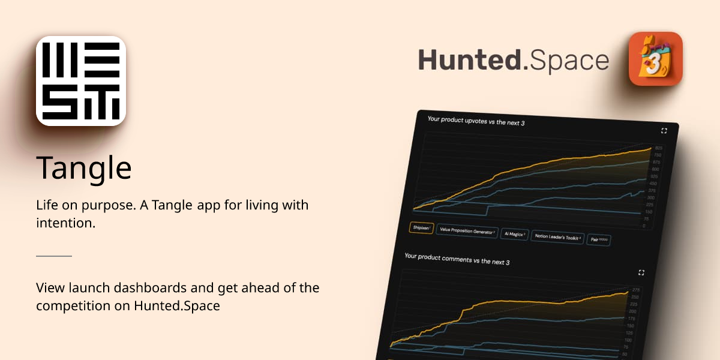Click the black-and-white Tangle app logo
click(81, 81)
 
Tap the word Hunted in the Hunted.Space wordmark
click(470, 61)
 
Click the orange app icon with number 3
click(655, 59)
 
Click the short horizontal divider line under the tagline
click(54, 256)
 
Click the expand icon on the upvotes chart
click(664, 130)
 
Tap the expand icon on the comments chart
click(641, 272)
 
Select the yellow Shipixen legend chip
click(421, 228)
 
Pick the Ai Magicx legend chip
click(515, 234)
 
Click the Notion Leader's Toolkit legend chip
click(558, 237)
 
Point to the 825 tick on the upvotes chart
click(658, 148)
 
